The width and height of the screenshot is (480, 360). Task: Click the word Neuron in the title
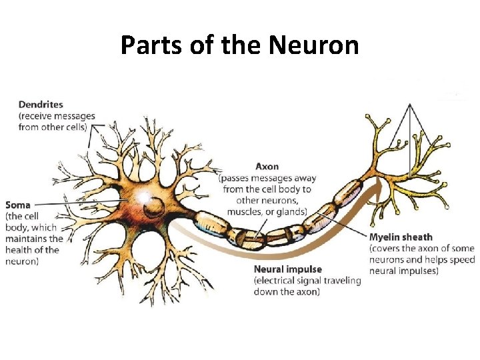[x=314, y=46]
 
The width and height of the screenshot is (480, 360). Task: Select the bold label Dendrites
[x=41, y=104]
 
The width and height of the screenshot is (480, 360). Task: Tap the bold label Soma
[x=18, y=205]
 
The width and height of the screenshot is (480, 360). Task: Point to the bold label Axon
[x=267, y=166]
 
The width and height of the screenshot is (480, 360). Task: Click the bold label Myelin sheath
[x=401, y=237]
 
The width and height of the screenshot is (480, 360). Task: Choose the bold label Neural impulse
[x=288, y=269]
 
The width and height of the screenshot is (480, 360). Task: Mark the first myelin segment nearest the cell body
[x=211, y=224]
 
